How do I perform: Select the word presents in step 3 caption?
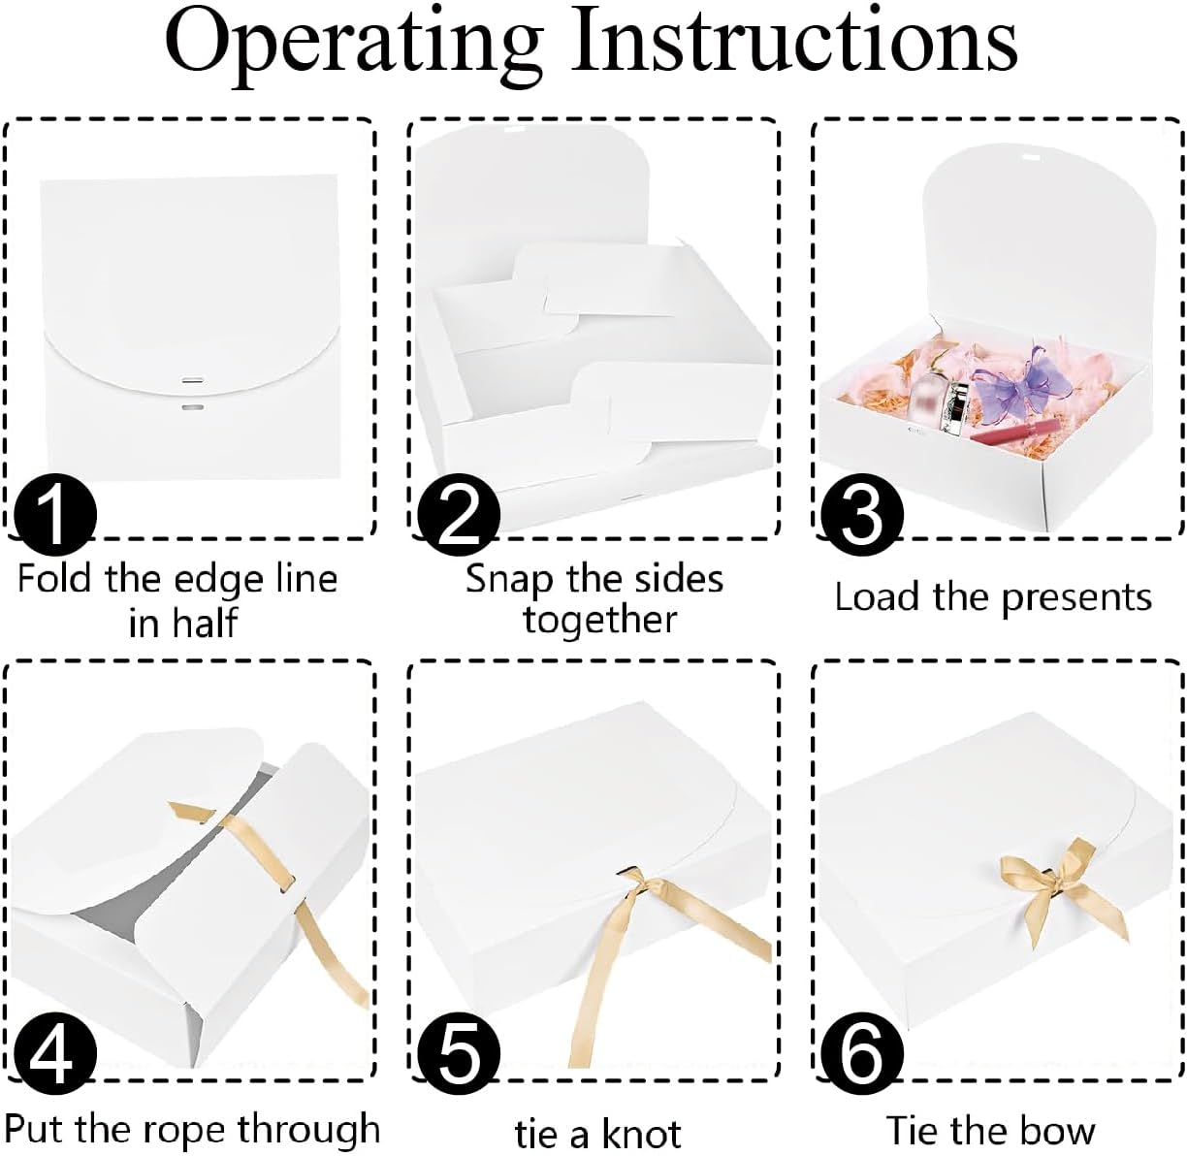(x=1076, y=597)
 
